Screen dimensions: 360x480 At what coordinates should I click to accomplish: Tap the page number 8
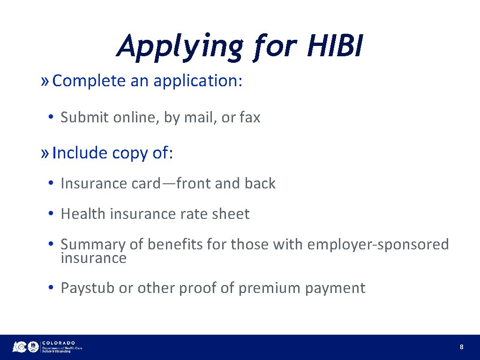tap(462, 347)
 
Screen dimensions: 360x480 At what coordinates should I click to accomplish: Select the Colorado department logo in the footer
tap(47, 347)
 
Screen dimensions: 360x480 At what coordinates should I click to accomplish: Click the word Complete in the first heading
tap(89, 81)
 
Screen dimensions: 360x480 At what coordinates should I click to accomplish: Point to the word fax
tap(249, 117)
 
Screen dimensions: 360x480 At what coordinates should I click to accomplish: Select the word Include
tap(80, 153)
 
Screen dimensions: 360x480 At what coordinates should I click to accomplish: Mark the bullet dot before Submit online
tap(51, 117)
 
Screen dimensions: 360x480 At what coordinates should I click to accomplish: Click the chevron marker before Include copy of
tap(45, 153)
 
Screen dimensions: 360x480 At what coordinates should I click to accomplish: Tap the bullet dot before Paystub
tap(51, 288)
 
